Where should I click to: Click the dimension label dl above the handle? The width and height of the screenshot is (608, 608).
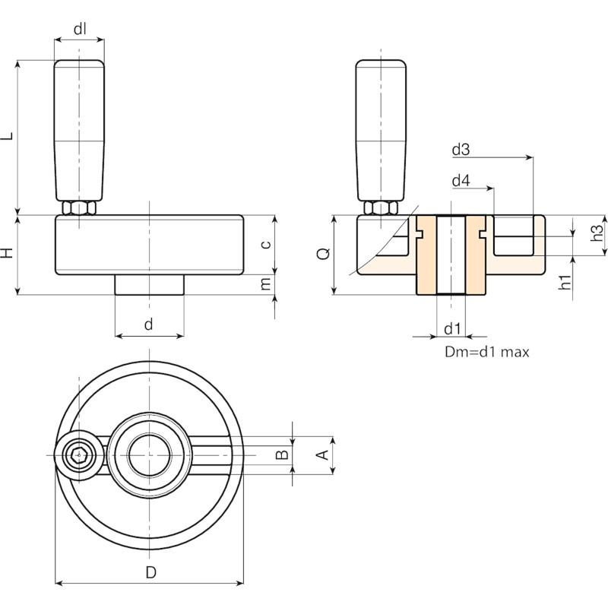click(x=80, y=29)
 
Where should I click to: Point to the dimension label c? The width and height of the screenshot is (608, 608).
click(x=266, y=245)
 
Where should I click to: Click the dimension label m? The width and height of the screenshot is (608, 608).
click(x=266, y=284)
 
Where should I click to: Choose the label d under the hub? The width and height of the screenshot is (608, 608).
click(x=148, y=324)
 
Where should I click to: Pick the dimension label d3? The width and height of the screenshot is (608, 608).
click(x=461, y=149)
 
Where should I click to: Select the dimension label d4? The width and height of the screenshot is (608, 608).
click(x=461, y=181)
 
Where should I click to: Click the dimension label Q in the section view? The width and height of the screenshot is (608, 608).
click(x=324, y=253)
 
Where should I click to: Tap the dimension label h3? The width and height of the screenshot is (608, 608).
click(x=597, y=233)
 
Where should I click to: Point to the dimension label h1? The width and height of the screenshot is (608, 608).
click(x=565, y=282)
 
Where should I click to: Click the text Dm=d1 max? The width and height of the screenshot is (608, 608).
click(x=486, y=352)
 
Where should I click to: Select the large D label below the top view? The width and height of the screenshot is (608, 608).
click(x=150, y=572)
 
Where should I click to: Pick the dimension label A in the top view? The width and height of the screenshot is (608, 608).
click(x=323, y=454)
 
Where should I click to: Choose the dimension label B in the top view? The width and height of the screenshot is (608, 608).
click(x=282, y=454)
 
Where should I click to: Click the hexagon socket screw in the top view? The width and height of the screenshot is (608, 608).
click(x=79, y=455)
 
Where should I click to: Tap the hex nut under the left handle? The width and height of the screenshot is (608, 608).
click(x=79, y=208)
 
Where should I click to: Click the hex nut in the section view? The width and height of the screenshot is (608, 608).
click(x=381, y=208)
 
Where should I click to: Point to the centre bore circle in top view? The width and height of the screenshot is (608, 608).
click(x=149, y=454)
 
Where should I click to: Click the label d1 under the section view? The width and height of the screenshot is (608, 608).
click(x=452, y=329)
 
